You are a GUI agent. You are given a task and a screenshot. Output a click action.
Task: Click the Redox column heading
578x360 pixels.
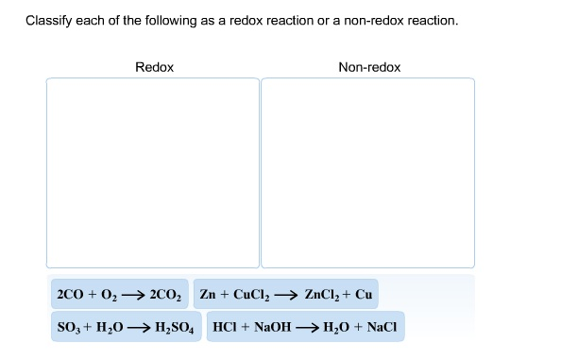tap(154, 67)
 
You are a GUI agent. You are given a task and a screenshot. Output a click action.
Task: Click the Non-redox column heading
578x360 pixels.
tap(369, 67)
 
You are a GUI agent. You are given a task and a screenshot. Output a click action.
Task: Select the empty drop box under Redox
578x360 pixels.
tap(153, 172)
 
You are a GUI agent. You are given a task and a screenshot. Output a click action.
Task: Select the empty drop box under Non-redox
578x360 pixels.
tap(367, 172)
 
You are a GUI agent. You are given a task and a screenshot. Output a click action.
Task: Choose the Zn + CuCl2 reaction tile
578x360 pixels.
tap(285, 295)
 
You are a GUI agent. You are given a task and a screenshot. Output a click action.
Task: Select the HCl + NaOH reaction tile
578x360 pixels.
tap(305, 327)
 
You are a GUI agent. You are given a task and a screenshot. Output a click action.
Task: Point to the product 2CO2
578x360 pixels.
tap(165, 295)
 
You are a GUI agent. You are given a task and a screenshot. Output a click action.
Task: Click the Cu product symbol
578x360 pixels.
tap(364, 295)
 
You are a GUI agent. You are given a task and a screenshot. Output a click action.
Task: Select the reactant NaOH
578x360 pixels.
tap(273, 327)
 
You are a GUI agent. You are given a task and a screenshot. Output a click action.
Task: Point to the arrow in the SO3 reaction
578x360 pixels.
tap(135, 327)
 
